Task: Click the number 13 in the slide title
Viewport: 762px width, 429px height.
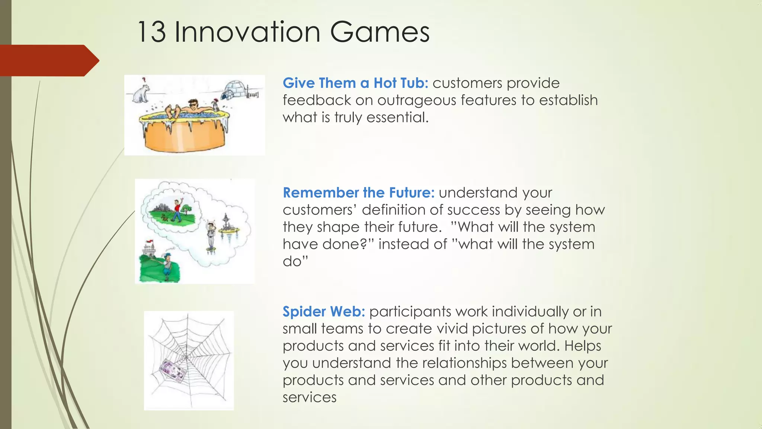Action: click(x=151, y=32)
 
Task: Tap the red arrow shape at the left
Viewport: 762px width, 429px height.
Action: click(x=48, y=60)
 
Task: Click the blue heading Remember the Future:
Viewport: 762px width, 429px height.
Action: click(x=358, y=193)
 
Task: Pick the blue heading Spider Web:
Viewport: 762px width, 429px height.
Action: click(x=324, y=312)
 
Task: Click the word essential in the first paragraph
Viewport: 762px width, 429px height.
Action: click(x=397, y=118)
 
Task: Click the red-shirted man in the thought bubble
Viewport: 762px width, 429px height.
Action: click(x=177, y=211)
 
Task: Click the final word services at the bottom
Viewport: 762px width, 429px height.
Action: click(x=309, y=397)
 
